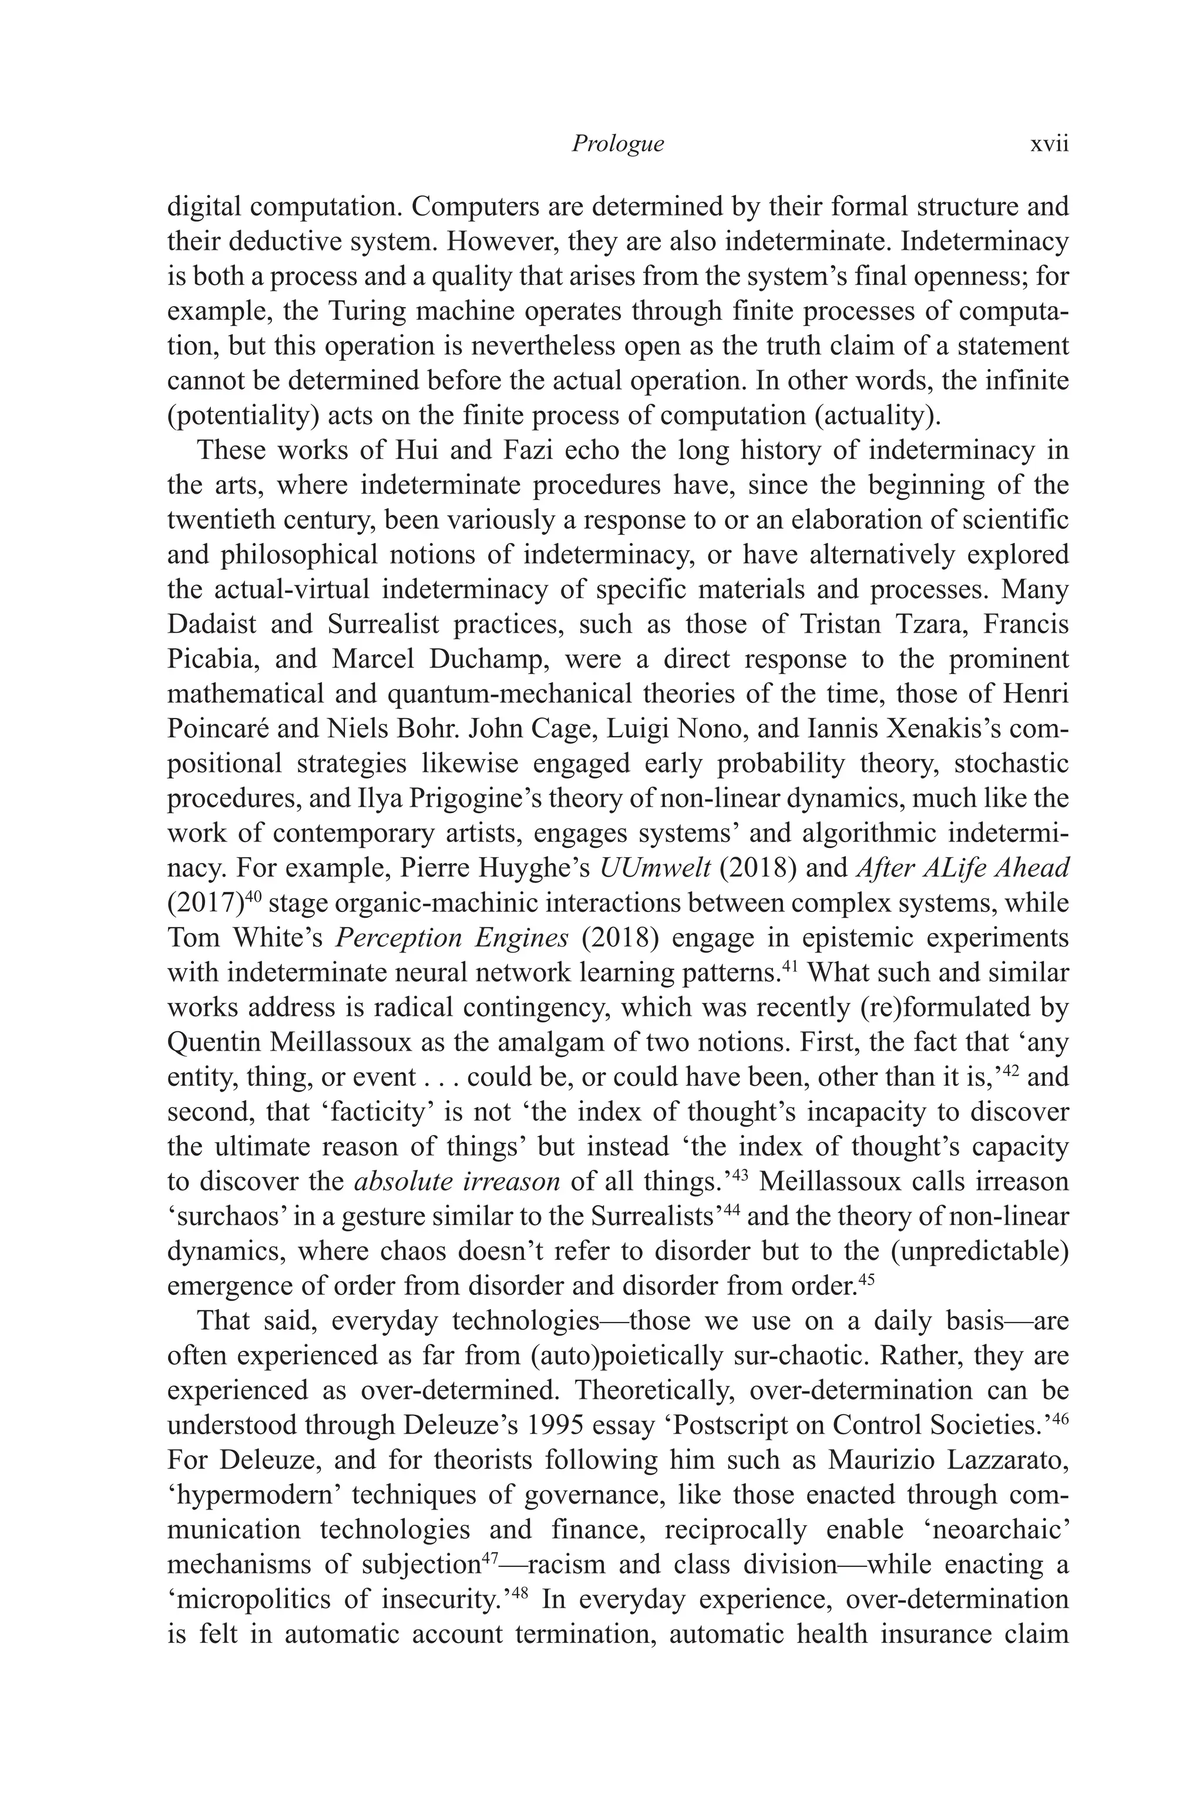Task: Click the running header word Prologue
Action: [617, 143]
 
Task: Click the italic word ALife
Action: [948, 868]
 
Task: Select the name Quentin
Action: [211, 1042]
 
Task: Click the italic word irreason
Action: [512, 1181]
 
